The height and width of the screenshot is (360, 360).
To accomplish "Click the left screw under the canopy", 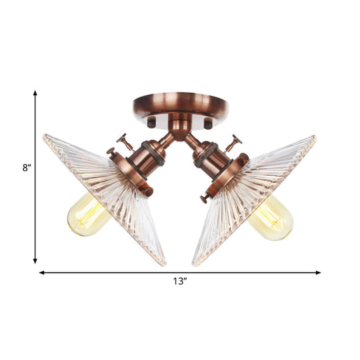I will pyautogui.click(x=151, y=123).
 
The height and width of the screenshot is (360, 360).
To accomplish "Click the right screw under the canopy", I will pyautogui.click(x=209, y=123).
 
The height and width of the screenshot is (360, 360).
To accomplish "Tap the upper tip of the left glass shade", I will pyautogui.click(x=45, y=136).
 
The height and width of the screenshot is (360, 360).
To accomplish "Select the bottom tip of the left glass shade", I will pyautogui.click(x=163, y=265).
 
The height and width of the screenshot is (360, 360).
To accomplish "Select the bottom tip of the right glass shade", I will pyautogui.click(x=194, y=265).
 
